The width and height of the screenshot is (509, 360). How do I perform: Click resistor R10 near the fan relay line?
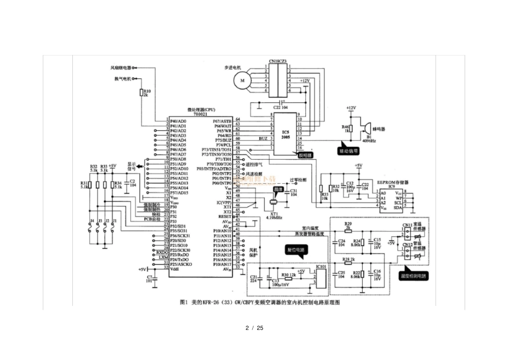(x=142, y=93)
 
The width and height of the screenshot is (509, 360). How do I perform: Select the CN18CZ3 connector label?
(x=278, y=62)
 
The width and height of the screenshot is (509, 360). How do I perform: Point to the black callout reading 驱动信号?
(x=348, y=151)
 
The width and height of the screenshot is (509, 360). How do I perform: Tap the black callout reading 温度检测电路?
(x=414, y=276)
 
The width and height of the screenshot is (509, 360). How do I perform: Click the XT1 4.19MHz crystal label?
(x=275, y=216)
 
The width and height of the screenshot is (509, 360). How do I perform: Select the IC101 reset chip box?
(x=321, y=279)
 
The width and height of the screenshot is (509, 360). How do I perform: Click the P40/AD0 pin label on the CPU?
(x=178, y=121)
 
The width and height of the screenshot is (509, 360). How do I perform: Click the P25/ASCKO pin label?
(x=180, y=264)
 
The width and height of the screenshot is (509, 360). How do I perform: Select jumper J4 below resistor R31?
(x=92, y=230)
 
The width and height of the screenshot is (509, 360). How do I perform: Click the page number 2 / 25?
(x=254, y=327)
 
